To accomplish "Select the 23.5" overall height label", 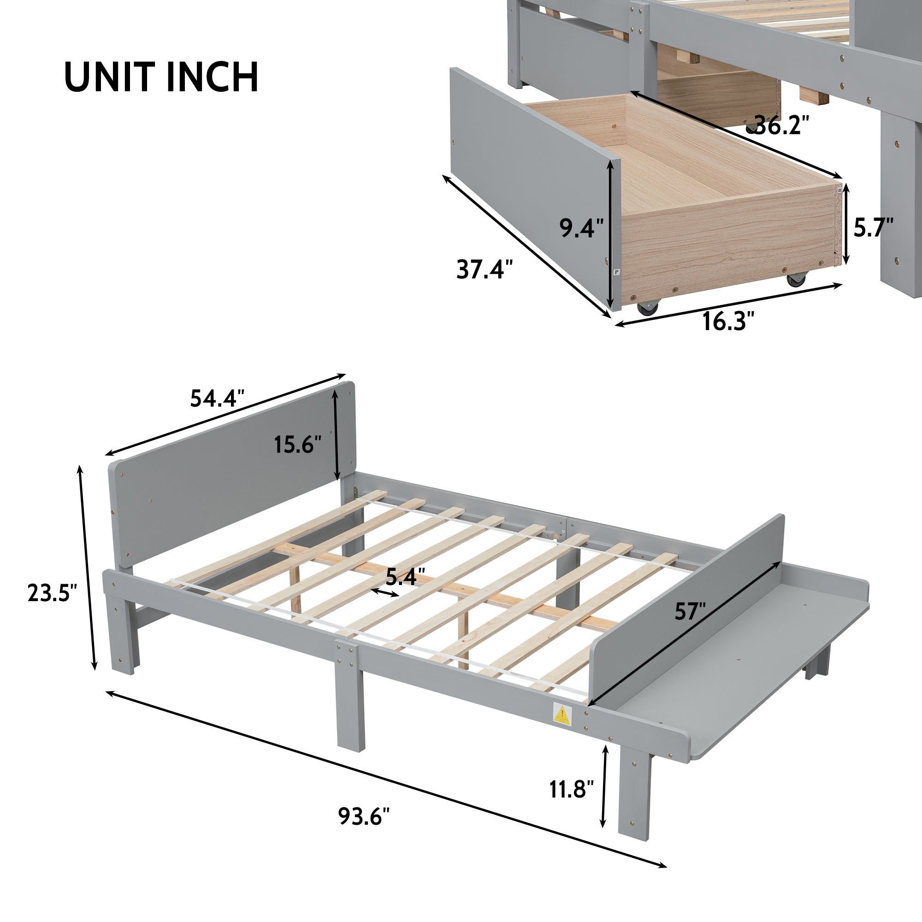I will coord(52,593).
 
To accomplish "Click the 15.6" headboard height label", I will coord(297,445).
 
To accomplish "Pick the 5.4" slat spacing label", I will coord(405,577).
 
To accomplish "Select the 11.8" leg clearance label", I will coord(571,789).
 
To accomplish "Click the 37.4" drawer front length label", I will coord(485,270).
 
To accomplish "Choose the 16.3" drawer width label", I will coord(728,321).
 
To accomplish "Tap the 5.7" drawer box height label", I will coord(873,227).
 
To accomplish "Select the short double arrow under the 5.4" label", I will coord(385,593).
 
